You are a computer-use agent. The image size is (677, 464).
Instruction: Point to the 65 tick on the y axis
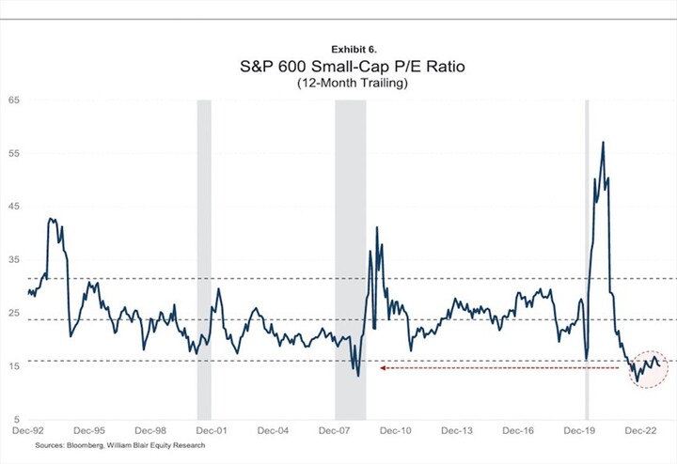pos(14,99)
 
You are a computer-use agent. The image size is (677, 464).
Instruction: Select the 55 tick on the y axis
pos(14,152)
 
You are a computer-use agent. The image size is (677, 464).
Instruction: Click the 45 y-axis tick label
pos(14,206)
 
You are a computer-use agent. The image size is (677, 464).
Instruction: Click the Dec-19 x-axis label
pos(579,430)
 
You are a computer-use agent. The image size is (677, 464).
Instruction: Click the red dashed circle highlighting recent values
pos(649,368)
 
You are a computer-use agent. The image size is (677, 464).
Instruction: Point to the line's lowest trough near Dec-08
pos(358,376)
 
